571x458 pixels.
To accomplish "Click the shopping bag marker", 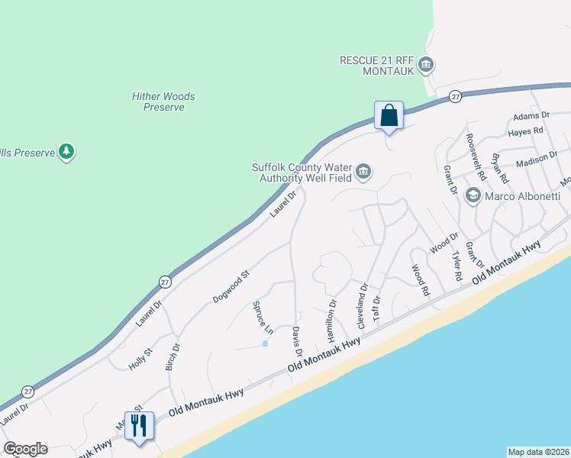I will pos(389,116).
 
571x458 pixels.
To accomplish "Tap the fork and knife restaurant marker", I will pos(138,425).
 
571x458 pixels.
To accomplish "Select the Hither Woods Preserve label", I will pos(163,102).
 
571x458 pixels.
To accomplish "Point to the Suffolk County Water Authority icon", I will pos(363,173).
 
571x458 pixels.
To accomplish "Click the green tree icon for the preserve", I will pos(68,152).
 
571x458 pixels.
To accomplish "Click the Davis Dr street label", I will pos(297,340).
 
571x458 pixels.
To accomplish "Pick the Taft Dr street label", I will pos(376,311).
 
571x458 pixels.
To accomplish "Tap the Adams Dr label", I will pos(531,115).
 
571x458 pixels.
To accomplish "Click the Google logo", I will pos(25,449).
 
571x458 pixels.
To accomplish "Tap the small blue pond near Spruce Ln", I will pos(265,343).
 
